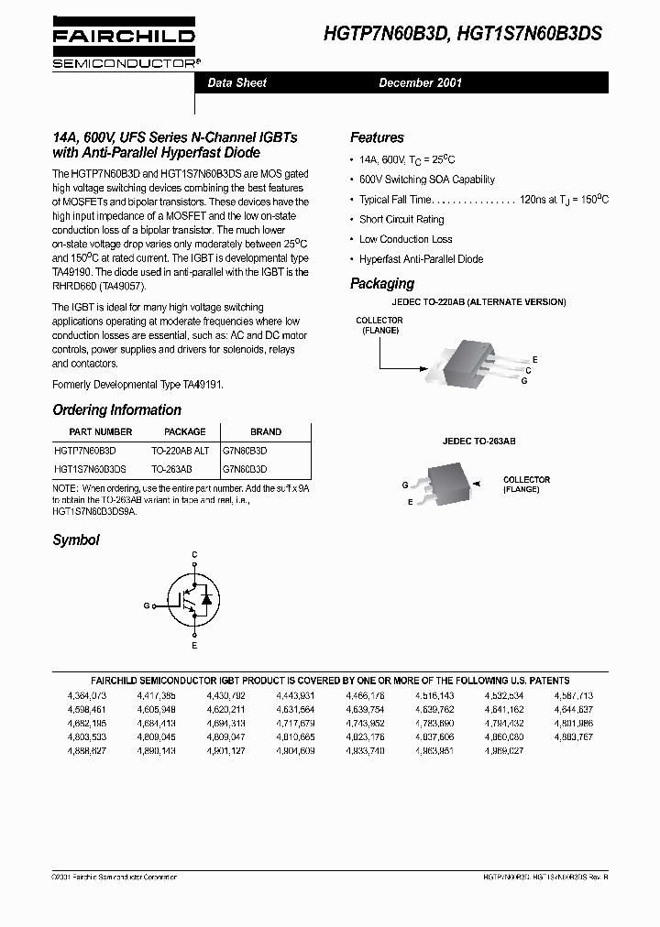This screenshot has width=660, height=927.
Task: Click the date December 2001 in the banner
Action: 421,82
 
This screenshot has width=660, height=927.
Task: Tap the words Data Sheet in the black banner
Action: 237,82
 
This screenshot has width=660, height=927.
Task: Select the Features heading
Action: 377,137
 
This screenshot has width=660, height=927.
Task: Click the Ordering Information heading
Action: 116,410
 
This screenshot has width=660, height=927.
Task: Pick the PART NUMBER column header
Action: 101,431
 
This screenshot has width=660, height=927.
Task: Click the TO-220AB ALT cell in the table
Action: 181,451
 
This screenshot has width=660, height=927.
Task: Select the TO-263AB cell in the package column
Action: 171,468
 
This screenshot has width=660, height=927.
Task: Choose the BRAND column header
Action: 266,431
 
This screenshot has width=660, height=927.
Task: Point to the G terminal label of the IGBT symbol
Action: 146,605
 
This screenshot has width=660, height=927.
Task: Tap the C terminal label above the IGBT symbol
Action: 194,555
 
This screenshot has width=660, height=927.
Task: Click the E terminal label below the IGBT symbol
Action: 194,646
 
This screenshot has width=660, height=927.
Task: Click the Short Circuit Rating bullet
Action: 401,220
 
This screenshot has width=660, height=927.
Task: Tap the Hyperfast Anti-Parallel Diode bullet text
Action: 421,259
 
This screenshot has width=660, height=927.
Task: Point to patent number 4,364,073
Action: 87,696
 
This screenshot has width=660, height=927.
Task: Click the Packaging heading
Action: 382,284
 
